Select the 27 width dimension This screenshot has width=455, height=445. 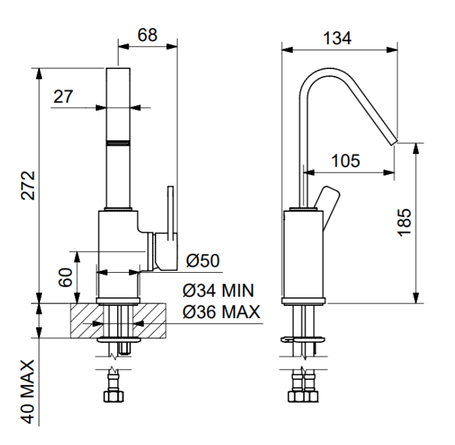coord(62,96)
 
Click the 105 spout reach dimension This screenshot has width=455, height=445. coord(346,160)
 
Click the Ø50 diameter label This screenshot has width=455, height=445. coord(202,261)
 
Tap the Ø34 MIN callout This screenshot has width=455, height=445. coord(218,291)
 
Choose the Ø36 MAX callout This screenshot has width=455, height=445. coord(221,312)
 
